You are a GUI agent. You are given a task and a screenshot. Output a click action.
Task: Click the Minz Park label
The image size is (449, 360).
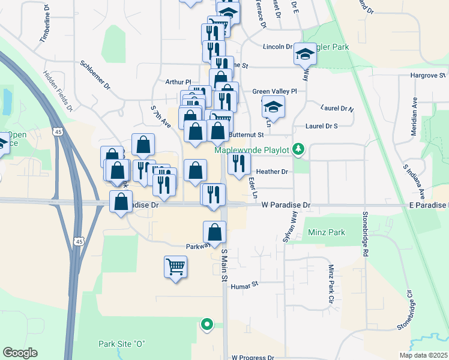coord(326,232)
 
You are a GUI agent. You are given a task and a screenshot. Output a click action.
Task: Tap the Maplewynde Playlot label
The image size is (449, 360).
coord(256,149)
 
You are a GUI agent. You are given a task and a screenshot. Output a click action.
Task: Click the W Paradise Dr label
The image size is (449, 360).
coord(286,205)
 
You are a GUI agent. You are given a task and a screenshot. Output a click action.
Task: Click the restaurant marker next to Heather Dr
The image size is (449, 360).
coord(239,163)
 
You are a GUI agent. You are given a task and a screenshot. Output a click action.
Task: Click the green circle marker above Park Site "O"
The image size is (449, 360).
coord(207,325)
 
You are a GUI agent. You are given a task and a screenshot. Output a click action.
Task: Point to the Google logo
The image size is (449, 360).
coord(20,353)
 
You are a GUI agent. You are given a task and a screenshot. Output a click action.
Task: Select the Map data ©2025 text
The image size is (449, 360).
coord(423,355)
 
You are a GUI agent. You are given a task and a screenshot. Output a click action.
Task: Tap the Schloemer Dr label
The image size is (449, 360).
coord(95,74)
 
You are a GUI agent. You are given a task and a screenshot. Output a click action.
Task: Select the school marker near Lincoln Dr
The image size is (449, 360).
coord(305,55)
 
